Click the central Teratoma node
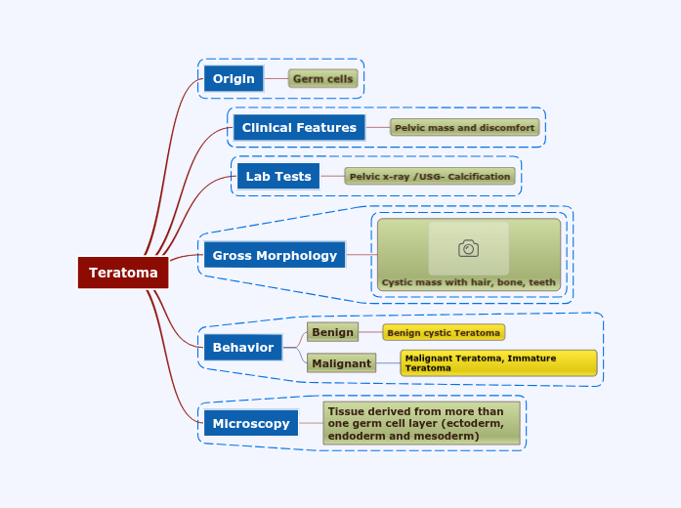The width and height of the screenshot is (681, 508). click(123, 273)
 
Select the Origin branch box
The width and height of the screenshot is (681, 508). click(234, 78)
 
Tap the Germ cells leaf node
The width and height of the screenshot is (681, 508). click(323, 78)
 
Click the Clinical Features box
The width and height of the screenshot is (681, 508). click(299, 127)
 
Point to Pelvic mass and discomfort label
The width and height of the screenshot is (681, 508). click(464, 127)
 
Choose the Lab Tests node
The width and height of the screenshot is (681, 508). click(278, 176)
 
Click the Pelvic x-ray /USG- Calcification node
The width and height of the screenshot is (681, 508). click(430, 176)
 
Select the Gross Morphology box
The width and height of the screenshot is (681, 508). click(275, 255)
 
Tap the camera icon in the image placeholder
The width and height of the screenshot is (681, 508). click(469, 248)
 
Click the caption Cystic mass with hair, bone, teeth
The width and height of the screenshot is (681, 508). click(468, 282)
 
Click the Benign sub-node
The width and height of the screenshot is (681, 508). click(332, 332)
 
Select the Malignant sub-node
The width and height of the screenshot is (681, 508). click(342, 363)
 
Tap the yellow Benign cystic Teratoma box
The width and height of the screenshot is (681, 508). click(444, 332)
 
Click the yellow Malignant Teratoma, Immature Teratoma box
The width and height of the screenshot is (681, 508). click(498, 362)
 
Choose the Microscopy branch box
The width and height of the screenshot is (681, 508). click(251, 423)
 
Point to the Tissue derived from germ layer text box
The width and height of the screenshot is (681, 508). click(421, 423)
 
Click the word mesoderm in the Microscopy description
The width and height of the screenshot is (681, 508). click(447, 436)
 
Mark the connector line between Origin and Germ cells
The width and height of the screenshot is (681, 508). click(277, 78)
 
